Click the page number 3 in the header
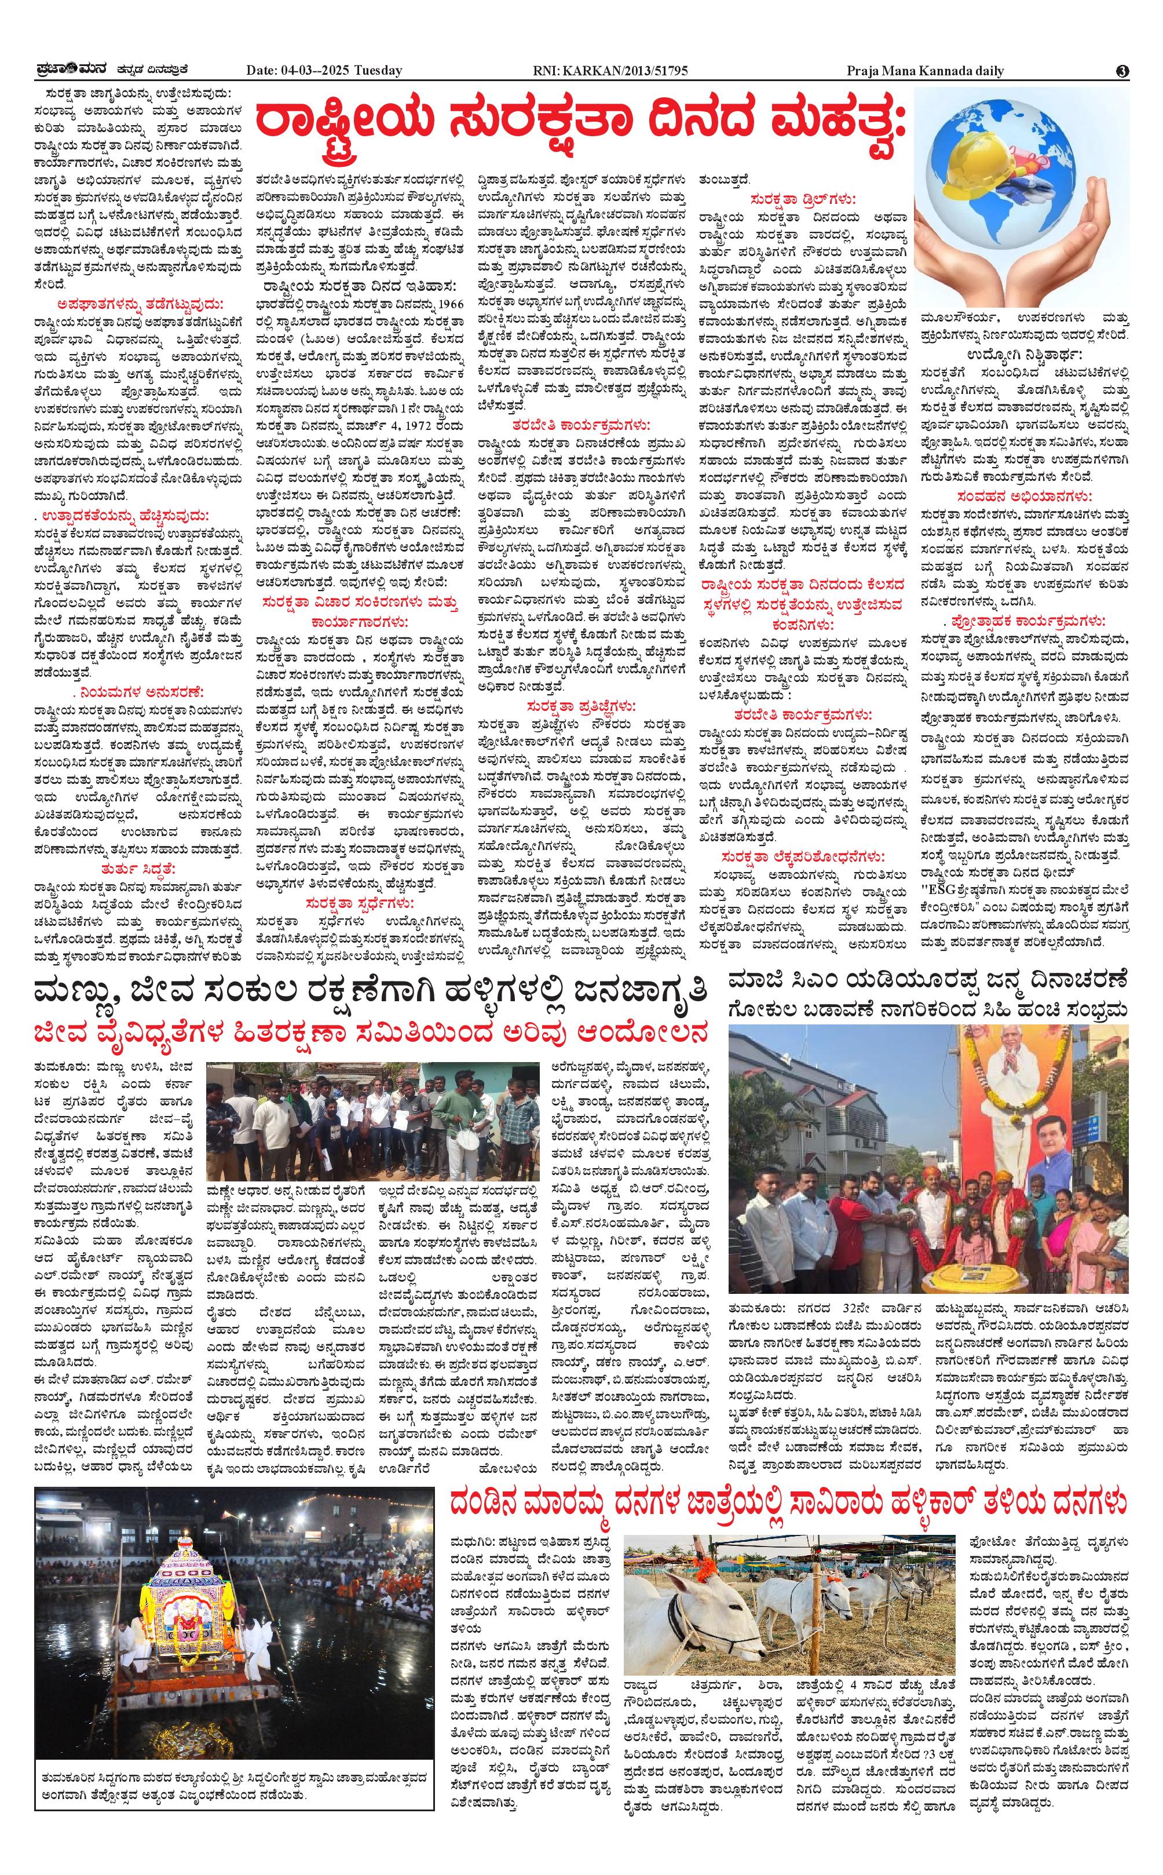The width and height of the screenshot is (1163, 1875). coord(1123,71)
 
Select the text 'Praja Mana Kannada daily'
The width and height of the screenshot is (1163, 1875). coord(924,71)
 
